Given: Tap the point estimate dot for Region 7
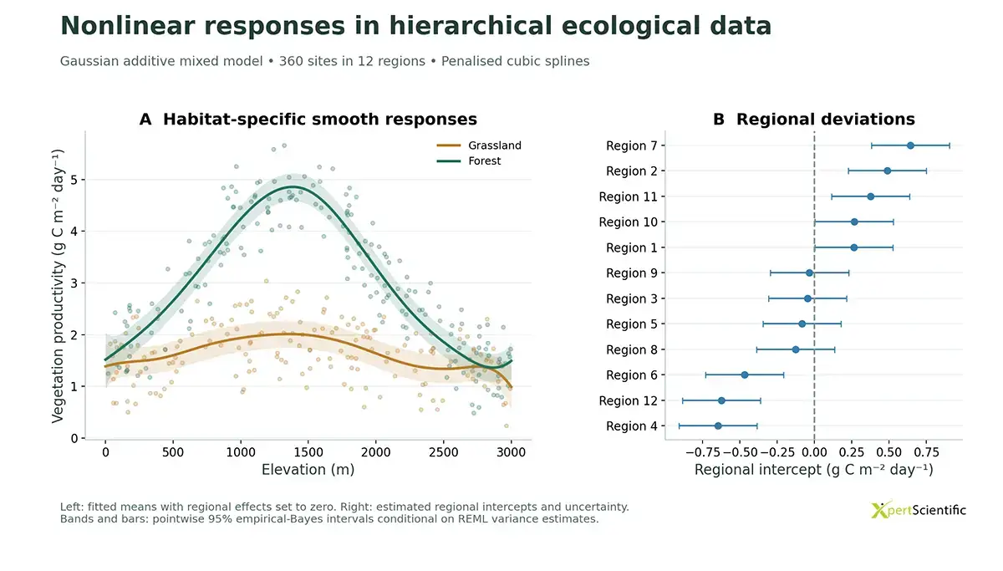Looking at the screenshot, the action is tap(910, 145).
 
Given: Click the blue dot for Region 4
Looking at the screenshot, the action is tap(718, 426).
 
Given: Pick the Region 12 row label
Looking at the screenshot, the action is tap(629, 400).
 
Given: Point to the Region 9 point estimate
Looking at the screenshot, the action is tap(809, 273).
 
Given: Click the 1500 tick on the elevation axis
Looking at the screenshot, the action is tap(308, 452).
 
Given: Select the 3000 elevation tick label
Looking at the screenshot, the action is tap(511, 452).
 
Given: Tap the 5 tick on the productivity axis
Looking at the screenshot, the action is tap(74, 180).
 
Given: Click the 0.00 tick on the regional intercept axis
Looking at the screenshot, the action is tap(814, 452).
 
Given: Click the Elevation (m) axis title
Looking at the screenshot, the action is tap(308, 470).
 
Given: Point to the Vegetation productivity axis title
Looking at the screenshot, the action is tap(59, 286).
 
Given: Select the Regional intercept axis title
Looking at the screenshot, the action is tap(814, 470).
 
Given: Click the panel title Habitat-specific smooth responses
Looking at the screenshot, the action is tap(319, 120).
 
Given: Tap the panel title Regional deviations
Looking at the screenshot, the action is tap(826, 120).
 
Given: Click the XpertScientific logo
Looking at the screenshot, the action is tap(918, 510).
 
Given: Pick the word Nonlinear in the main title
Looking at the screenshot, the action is tap(128, 26).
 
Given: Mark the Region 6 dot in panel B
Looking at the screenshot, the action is tap(745, 375).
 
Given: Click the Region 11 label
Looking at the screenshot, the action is tap(629, 197).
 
